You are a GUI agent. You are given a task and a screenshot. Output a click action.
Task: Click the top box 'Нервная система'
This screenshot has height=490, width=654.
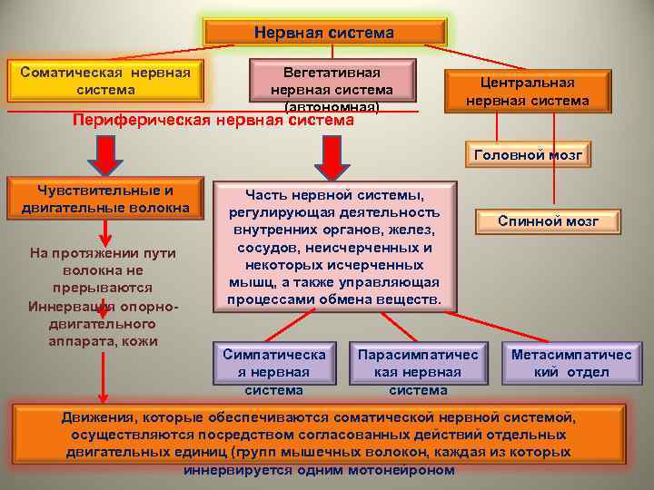click(x=324, y=34)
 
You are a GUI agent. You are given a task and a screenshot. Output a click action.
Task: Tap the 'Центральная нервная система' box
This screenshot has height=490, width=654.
click(x=527, y=92)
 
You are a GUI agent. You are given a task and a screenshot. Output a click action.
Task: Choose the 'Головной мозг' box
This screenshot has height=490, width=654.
click(x=528, y=155)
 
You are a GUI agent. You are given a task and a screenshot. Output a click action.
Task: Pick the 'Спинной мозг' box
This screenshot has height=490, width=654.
click(x=547, y=220)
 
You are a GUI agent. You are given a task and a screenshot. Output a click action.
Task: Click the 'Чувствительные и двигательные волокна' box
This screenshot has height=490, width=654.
click(x=105, y=200)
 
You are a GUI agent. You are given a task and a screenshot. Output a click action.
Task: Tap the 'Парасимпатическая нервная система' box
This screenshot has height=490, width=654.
click(x=418, y=371)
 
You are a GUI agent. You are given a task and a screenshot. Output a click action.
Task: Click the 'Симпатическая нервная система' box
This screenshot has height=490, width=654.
click(x=273, y=371)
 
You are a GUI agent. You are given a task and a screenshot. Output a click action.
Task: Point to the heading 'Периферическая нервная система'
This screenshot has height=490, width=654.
click(x=213, y=120)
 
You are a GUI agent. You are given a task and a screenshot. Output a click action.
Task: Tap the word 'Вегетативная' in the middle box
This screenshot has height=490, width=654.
click(x=332, y=72)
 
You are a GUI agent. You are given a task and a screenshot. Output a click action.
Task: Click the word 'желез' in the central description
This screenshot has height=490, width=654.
click(x=405, y=229)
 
